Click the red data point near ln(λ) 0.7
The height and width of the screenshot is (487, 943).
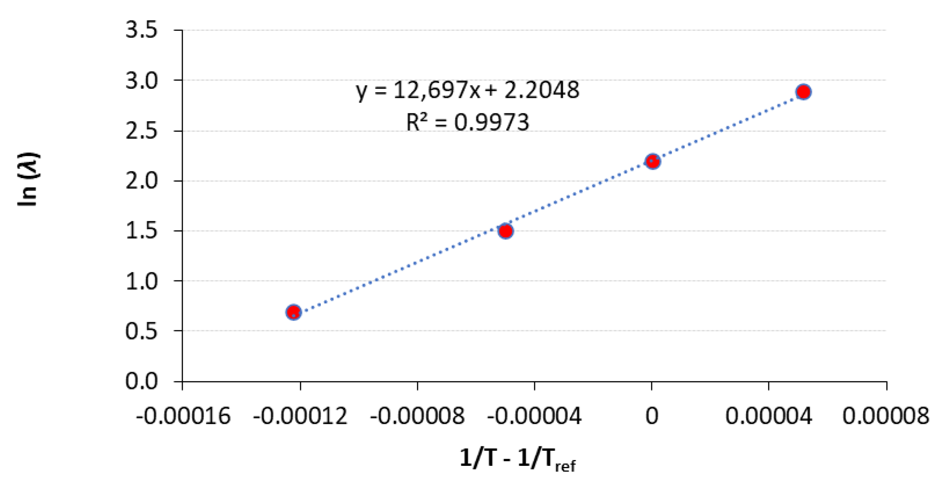tap(294, 311)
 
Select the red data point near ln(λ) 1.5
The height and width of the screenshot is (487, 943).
tap(506, 231)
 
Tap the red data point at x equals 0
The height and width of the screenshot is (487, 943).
tap(652, 161)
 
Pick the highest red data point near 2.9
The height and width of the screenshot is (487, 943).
tap(803, 92)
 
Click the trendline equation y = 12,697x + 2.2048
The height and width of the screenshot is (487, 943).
tap(467, 91)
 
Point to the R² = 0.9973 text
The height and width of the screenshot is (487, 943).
tap(467, 123)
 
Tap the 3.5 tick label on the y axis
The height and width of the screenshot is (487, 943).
tap(141, 30)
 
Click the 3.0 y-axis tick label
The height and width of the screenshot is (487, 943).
tap(141, 80)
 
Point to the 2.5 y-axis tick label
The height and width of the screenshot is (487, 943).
tap(141, 131)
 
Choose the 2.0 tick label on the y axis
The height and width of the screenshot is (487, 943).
tap(141, 181)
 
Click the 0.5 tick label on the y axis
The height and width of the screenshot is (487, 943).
tap(141, 331)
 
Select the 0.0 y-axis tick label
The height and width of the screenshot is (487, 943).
tap(141, 381)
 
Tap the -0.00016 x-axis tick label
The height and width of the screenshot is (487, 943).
tap(183, 416)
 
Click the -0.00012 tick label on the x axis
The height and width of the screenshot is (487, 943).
tap(300, 416)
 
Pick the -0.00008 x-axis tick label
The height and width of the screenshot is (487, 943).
tap(417, 416)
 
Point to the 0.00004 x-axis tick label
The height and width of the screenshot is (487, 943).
tap(768, 416)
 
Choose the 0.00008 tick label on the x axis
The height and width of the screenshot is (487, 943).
tap(886, 416)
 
